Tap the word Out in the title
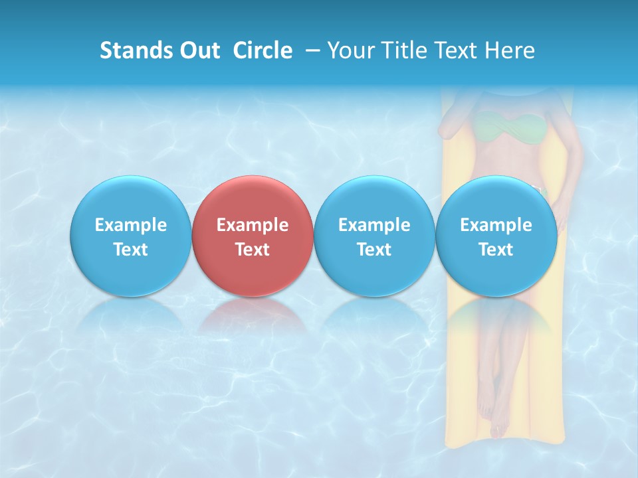(198, 50)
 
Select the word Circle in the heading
(263, 50)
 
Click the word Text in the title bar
(454, 50)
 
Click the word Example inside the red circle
(253, 225)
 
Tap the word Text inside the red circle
(253, 250)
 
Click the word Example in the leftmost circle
(130, 225)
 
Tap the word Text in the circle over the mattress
(496, 250)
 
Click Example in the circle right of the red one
(374, 225)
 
